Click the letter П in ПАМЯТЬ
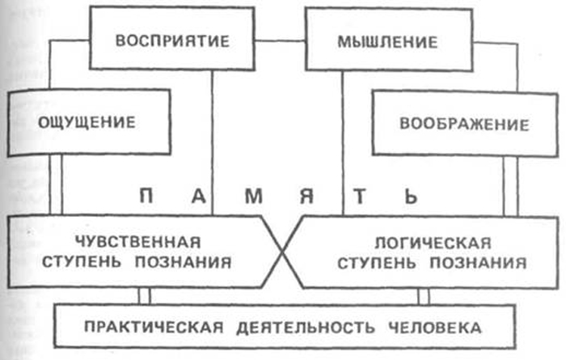[x=146, y=197]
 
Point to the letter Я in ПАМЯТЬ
[x=306, y=197]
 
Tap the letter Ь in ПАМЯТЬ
[x=411, y=197]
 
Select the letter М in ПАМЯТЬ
[x=254, y=197]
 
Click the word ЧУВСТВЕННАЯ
[x=138, y=242]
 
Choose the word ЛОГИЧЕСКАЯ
[x=433, y=243]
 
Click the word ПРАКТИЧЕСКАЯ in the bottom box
[x=154, y=328]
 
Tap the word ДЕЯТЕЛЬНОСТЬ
[x=306, y=328]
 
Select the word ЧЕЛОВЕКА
[x=435, y=328]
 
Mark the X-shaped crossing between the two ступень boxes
[x=282, y=252]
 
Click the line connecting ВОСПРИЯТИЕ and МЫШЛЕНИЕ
[x=280, y=40]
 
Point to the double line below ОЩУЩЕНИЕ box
[x=56, y=185]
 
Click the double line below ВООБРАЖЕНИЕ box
[x=510, y=186]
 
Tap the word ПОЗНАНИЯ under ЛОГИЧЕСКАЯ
[x=479, y=263]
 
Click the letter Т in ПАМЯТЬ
[x=360, y=197]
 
